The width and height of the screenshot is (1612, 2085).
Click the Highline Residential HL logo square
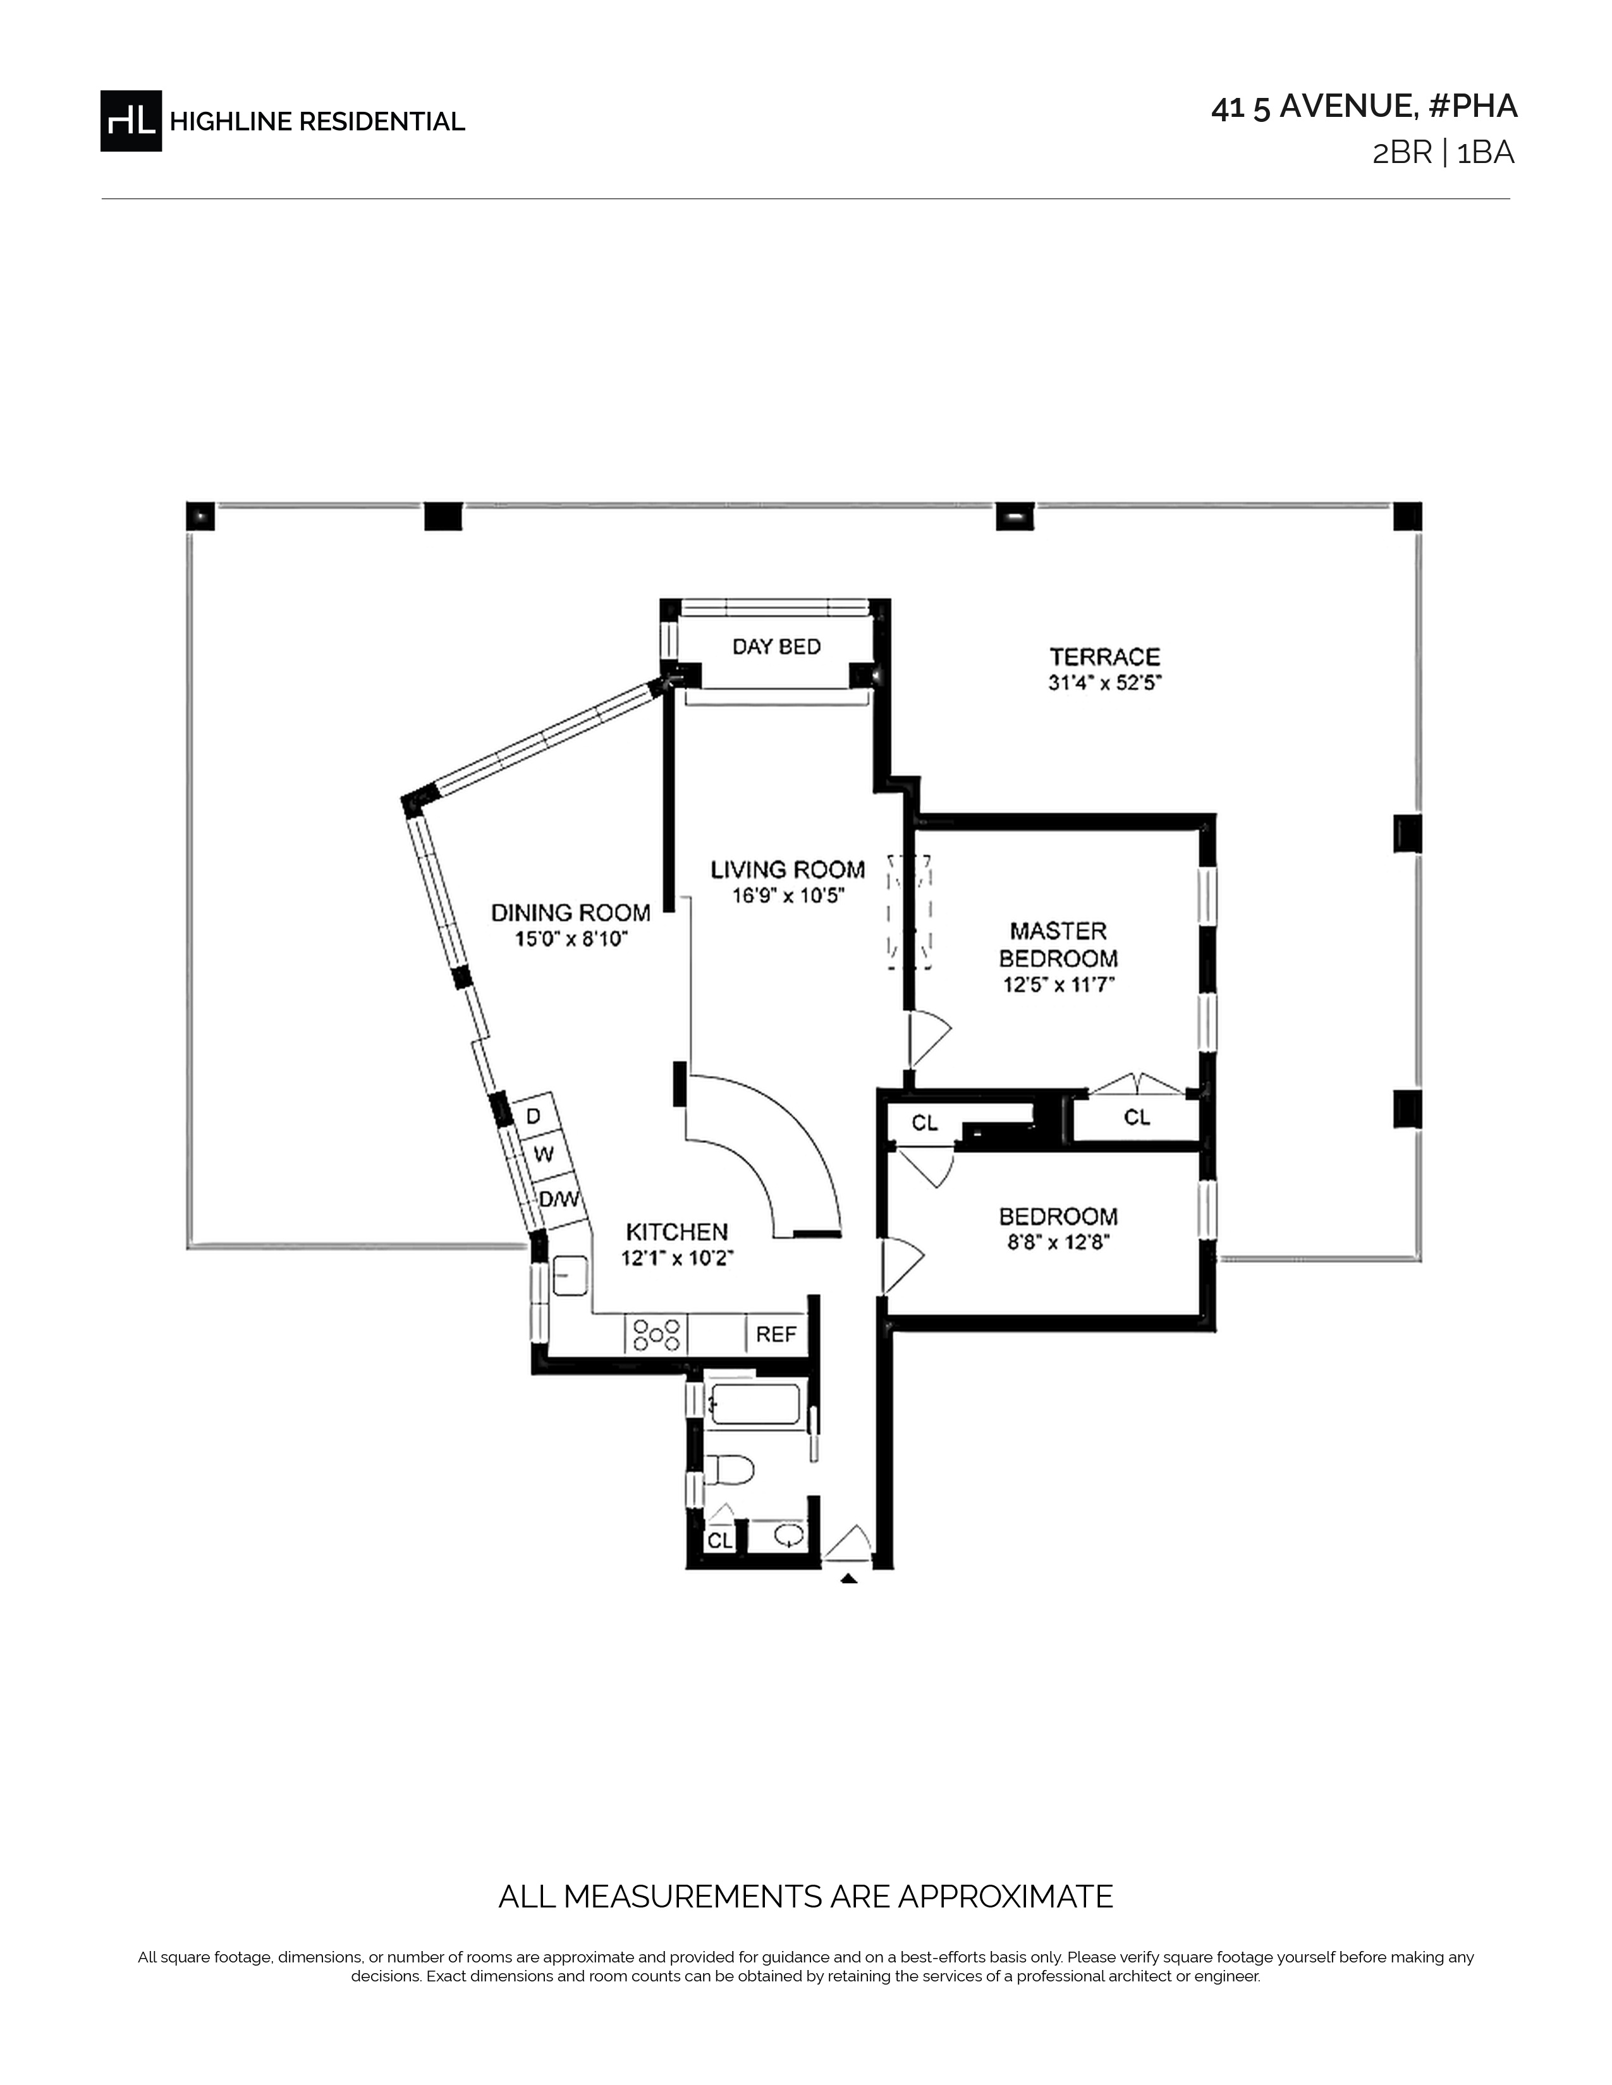tap(131, 121)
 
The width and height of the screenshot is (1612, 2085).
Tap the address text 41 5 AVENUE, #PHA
tap(1364, 107)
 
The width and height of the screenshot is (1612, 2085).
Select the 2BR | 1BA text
tap(1443, 154)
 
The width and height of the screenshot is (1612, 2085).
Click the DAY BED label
tap(776, 647)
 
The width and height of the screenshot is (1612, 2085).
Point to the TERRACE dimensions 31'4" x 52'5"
tap(1105, 684)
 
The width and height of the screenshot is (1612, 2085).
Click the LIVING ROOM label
tap(788, 870)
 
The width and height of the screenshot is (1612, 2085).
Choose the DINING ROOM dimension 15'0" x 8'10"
tap(571, 940)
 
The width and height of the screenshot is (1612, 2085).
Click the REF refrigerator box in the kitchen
tap(776, 1334)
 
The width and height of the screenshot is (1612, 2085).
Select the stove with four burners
tap(657, 1334)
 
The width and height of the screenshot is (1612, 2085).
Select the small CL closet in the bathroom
tap(719, 1541)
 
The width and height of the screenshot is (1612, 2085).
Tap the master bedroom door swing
tap(927, 1039)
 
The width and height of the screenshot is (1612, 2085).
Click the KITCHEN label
tap(676, 1233)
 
